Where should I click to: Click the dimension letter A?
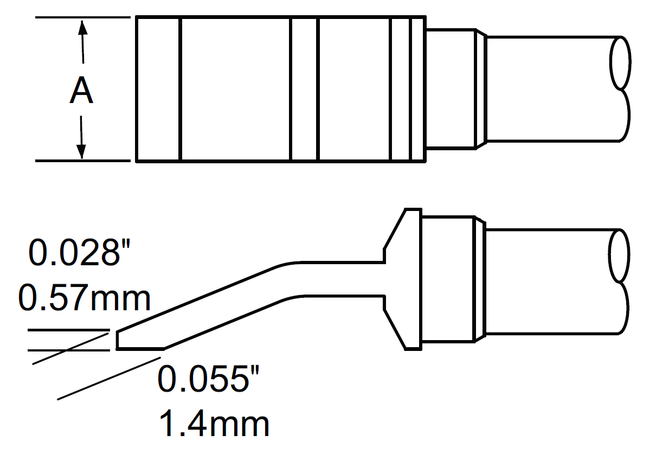click(81, 91)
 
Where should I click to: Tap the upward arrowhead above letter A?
click(82, 27)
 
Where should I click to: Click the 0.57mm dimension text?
click(84, 298)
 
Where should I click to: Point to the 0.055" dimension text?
click(205, 379)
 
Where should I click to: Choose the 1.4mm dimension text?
click(215, 424)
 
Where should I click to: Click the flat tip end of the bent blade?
click(118, 340)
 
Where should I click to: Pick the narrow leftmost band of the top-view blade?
click(157, 89)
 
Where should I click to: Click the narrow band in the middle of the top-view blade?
click(304, 89)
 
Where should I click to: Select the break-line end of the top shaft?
click(621, 89)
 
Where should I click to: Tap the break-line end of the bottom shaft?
click(621, 282)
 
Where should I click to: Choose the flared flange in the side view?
click(404, 280)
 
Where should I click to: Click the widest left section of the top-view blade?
click(234, 89)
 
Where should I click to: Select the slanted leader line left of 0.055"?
click(108, 375)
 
